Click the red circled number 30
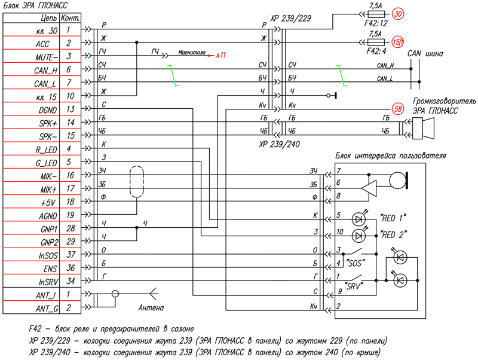tap(398, 14)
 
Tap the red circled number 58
tap(398, 109)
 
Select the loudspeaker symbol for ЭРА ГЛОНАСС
tap(423, 129)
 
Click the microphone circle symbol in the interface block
tap(397, 181)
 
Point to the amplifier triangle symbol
tap(369, 188)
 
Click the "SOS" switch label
tap(354, 263)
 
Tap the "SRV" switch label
tap(354, 286)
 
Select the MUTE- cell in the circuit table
tap(31, 56)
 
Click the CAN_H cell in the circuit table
tap(31, 69)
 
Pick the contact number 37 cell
tap(71, 254)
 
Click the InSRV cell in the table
tap(31, 281)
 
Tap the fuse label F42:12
tap(376, 23)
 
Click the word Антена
tap(151, 308)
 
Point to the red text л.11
tap(221, 55)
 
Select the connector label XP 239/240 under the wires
tap(279, 144)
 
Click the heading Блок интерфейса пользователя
tap(391, 156)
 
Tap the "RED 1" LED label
tap(393, 218)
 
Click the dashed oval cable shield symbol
tap(137, 182)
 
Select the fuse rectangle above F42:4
tap(376, 42)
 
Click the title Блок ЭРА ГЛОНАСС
tap(35, 5)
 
